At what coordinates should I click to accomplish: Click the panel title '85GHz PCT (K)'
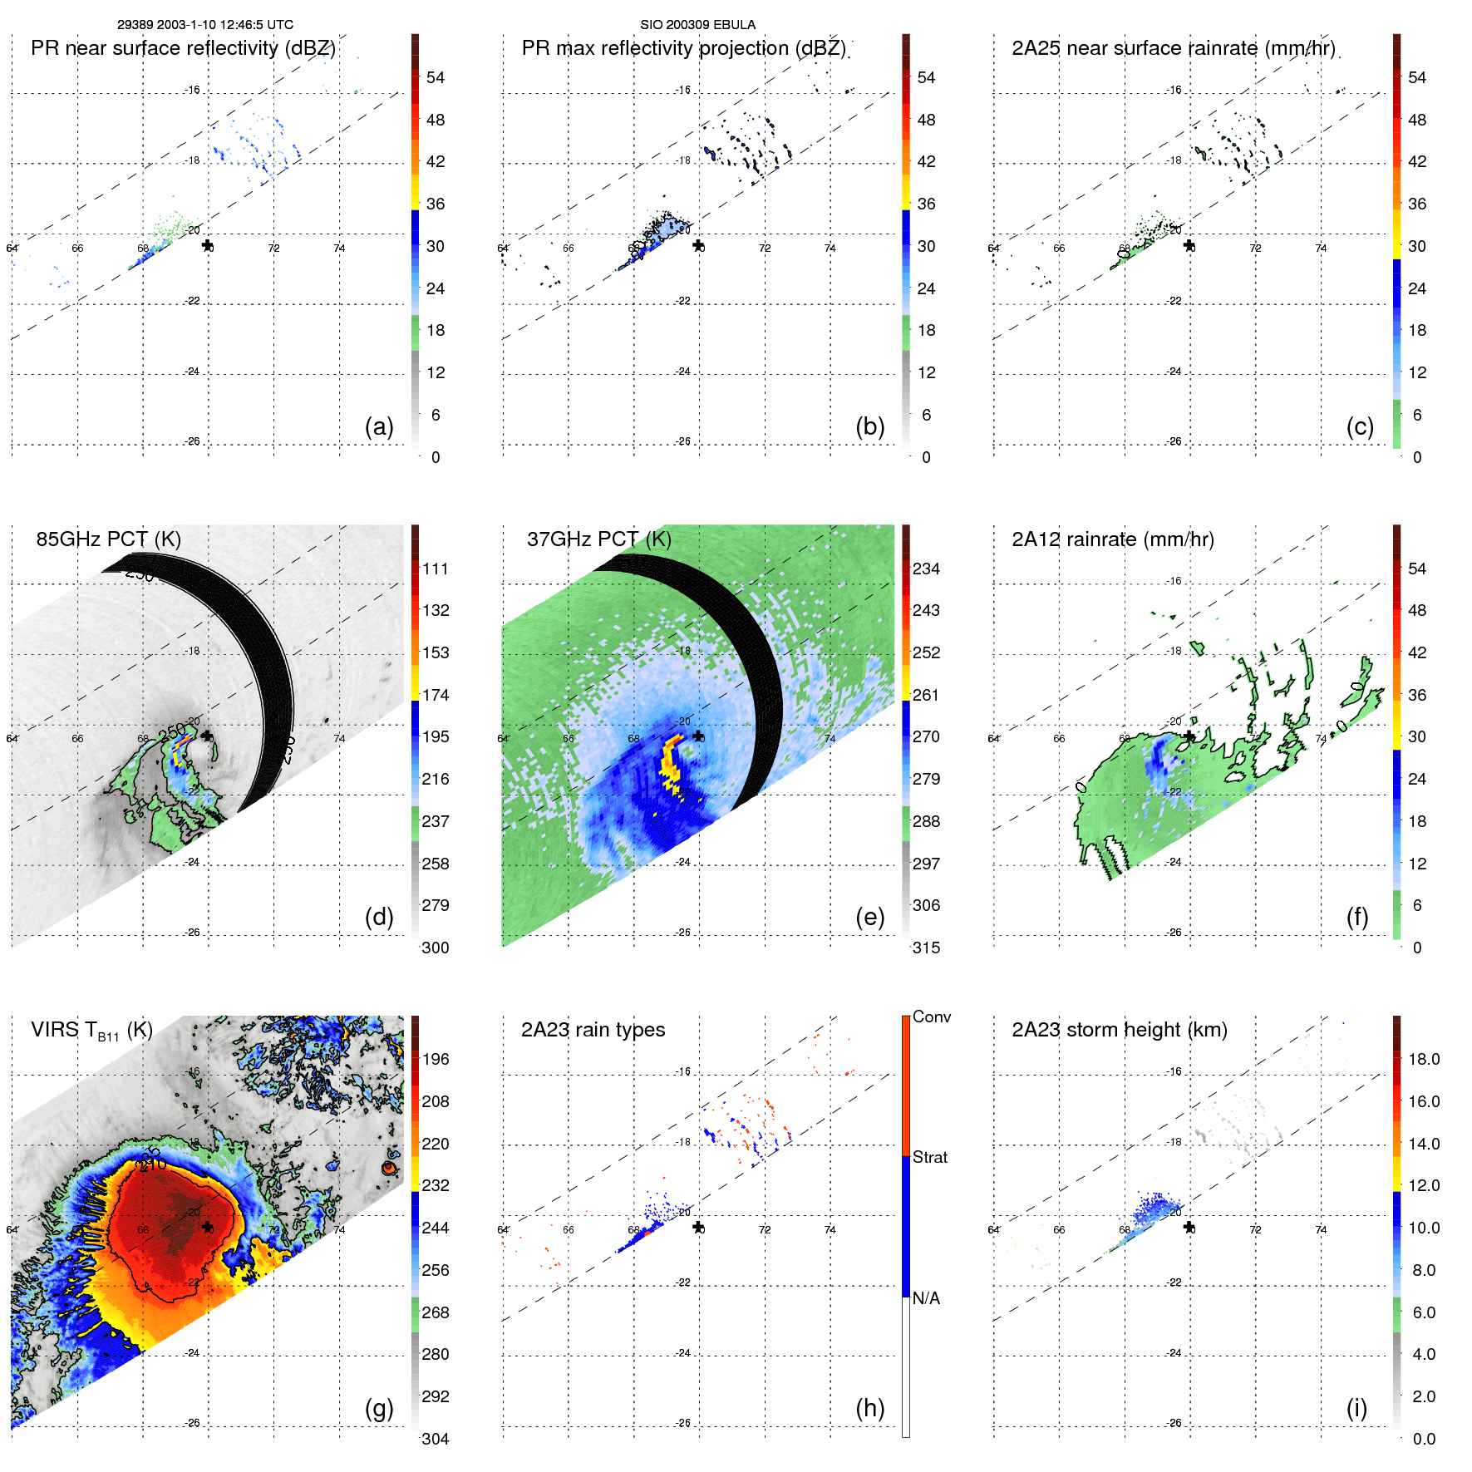click(x=108, y=539)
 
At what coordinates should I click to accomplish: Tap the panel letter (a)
click(x=379, y=426)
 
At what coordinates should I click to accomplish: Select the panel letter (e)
click(x=869, y=917)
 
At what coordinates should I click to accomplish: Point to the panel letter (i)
click(x=1356, y=1408)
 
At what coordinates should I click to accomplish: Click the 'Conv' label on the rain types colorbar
click(x=932, y=1017)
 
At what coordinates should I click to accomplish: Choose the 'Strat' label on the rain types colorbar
click(x=930, y=1157)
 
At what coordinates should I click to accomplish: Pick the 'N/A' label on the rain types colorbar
click(x=926, y=1298)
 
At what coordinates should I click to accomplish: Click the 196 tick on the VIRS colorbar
click(x=436, y=1059)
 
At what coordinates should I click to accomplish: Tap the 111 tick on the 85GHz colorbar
click(x=436, y=569)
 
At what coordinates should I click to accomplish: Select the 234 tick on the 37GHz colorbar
click(x=926, y=569)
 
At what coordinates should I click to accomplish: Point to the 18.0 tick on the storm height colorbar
click(x=1424, y=1059)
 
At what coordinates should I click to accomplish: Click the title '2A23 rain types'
click(x=593, y=1030)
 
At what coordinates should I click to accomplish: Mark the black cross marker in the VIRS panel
click(x=207, y=1227)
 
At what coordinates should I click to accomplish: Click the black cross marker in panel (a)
click(x=207, y=245)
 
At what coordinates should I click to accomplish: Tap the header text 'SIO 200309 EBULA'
click(x=697, y=25)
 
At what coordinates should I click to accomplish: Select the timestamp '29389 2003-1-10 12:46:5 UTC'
click(x=204, y=25)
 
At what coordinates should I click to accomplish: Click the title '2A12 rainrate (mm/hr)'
click(x=1112, y=539)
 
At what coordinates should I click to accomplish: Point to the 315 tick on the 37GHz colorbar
click(x=926, y=948)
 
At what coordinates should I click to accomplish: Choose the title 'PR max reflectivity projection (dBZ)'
click(x=683, y=48)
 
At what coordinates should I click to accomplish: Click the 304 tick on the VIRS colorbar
click(x=436, y=1439)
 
